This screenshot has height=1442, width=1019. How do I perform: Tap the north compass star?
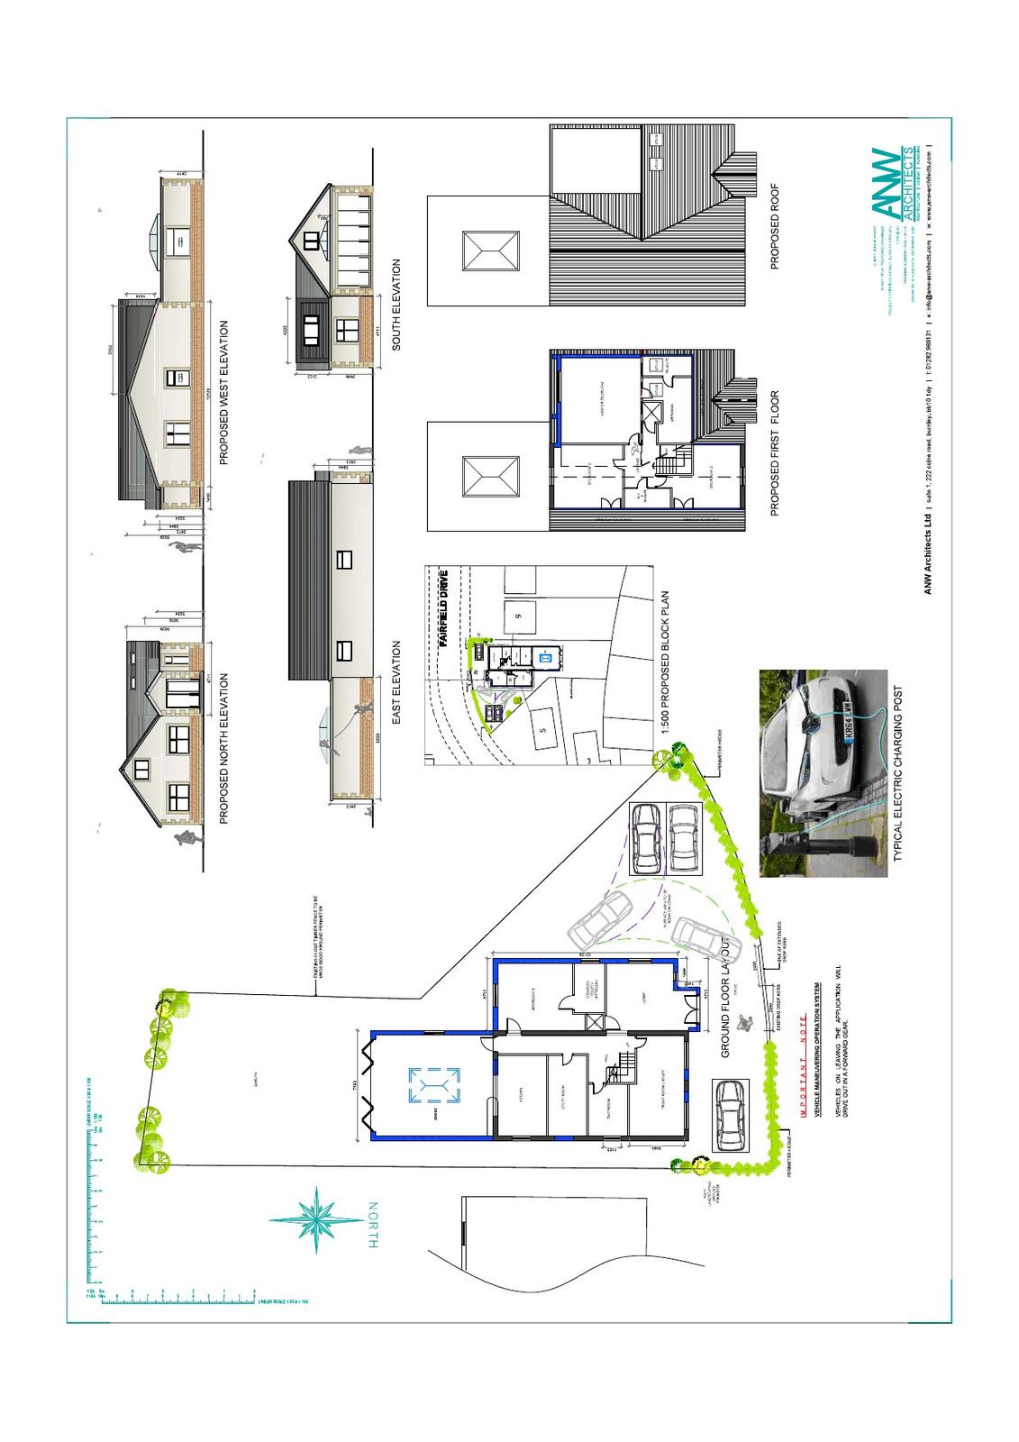317,1220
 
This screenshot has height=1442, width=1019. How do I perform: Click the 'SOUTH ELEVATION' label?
396,305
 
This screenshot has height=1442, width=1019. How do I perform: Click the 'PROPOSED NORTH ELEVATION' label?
224,749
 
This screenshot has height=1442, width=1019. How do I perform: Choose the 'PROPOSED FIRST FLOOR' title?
775,453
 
